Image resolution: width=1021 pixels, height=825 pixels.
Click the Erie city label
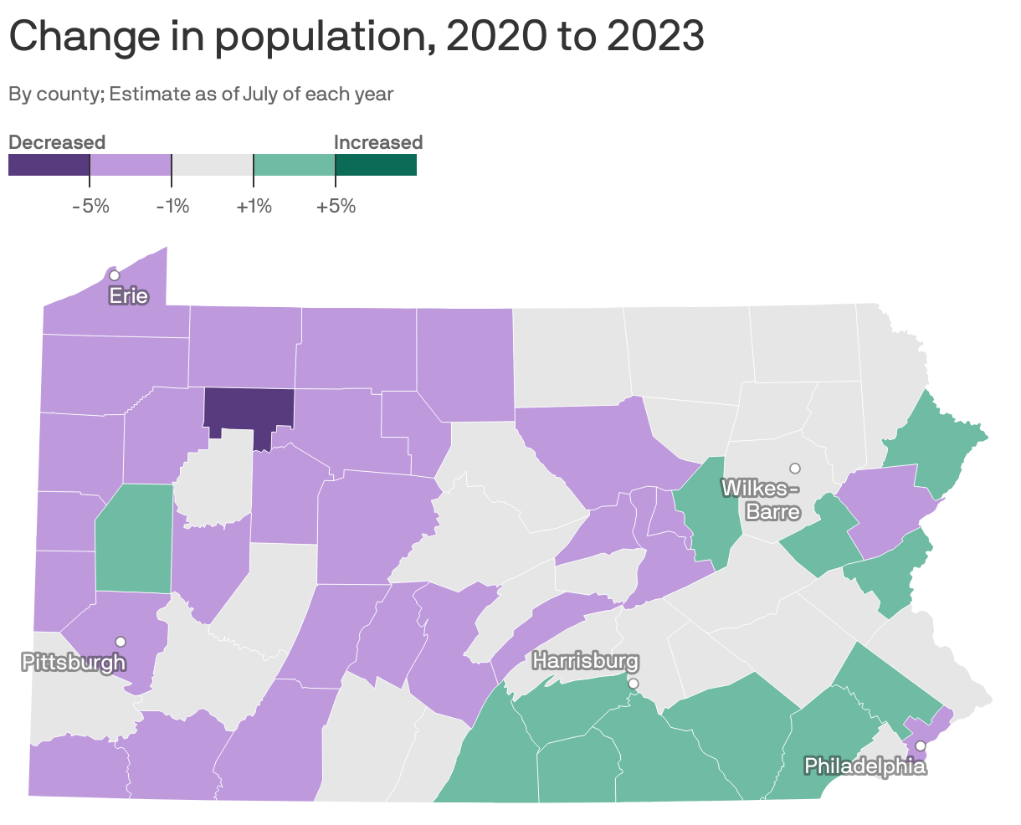pos(129,295)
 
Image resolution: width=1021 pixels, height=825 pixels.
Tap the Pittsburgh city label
pos(74,663)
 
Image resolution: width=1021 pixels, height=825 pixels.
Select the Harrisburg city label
pos(585,661)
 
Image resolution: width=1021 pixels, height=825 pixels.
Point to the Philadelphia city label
pos(865,765)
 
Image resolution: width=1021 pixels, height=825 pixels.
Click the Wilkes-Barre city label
pos(761,499)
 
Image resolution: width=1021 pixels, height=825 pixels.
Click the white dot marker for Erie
pos(115,275)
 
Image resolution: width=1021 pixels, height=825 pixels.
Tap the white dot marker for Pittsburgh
pos(121,641)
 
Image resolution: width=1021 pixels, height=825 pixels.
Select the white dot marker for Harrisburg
pos(634,684)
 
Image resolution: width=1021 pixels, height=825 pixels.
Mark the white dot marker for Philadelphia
pos(920,746)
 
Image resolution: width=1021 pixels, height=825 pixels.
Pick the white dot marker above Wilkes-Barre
pos(795,468)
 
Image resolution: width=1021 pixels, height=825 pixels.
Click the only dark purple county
pos(249,410)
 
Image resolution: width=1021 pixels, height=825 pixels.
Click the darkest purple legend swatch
pos(49,166)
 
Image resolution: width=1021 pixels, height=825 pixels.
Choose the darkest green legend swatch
pos(376,166)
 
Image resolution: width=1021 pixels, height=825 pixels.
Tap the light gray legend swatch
pos(213,166)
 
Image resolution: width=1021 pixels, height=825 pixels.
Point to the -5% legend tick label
pos(90,206)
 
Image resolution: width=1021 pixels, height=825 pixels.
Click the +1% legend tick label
pos(254,206)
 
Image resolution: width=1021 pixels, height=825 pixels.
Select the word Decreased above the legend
pos(57,142)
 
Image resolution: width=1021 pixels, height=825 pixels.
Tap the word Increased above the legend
pos(378,142)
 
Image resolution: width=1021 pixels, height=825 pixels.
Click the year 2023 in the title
pos(655,37)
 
